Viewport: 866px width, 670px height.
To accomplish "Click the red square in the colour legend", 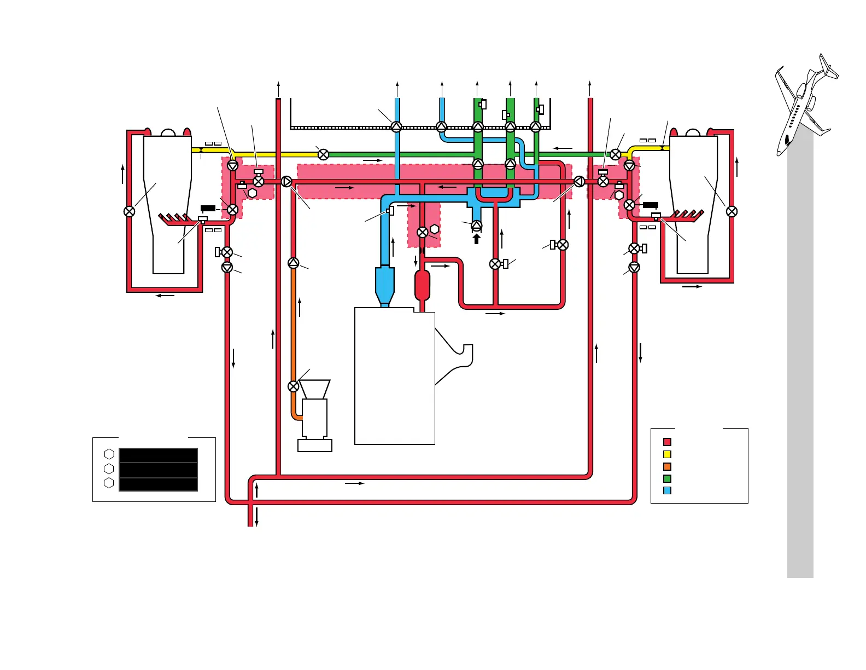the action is (x=667, y=442).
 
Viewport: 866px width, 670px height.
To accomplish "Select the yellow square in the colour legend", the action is (x=667, y=454).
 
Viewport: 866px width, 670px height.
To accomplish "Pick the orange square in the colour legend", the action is (x=667, y=466).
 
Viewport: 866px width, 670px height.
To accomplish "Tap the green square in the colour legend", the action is (x=667, y=478).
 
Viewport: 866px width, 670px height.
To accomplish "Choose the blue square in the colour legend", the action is (x=667, y=490).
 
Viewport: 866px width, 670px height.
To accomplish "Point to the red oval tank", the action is (x=423, y=285).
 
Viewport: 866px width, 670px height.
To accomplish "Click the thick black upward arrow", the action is (x=477, y=239).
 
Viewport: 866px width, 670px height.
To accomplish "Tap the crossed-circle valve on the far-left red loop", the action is (x=130, y=211).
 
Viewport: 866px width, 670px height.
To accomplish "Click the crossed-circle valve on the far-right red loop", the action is (x=732, y=211).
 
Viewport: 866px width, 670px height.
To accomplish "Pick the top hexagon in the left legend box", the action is (x=109, y=454).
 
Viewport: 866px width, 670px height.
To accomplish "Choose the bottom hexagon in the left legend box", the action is (x=109, y=483).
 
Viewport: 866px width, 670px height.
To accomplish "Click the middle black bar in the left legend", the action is (x=158, y=470).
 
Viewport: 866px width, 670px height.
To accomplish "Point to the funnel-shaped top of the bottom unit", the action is (x=315, y=389).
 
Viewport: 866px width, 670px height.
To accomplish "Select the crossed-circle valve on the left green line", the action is (x=323, y=154).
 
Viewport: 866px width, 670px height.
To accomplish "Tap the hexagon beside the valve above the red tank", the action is (x=435, y=229).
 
